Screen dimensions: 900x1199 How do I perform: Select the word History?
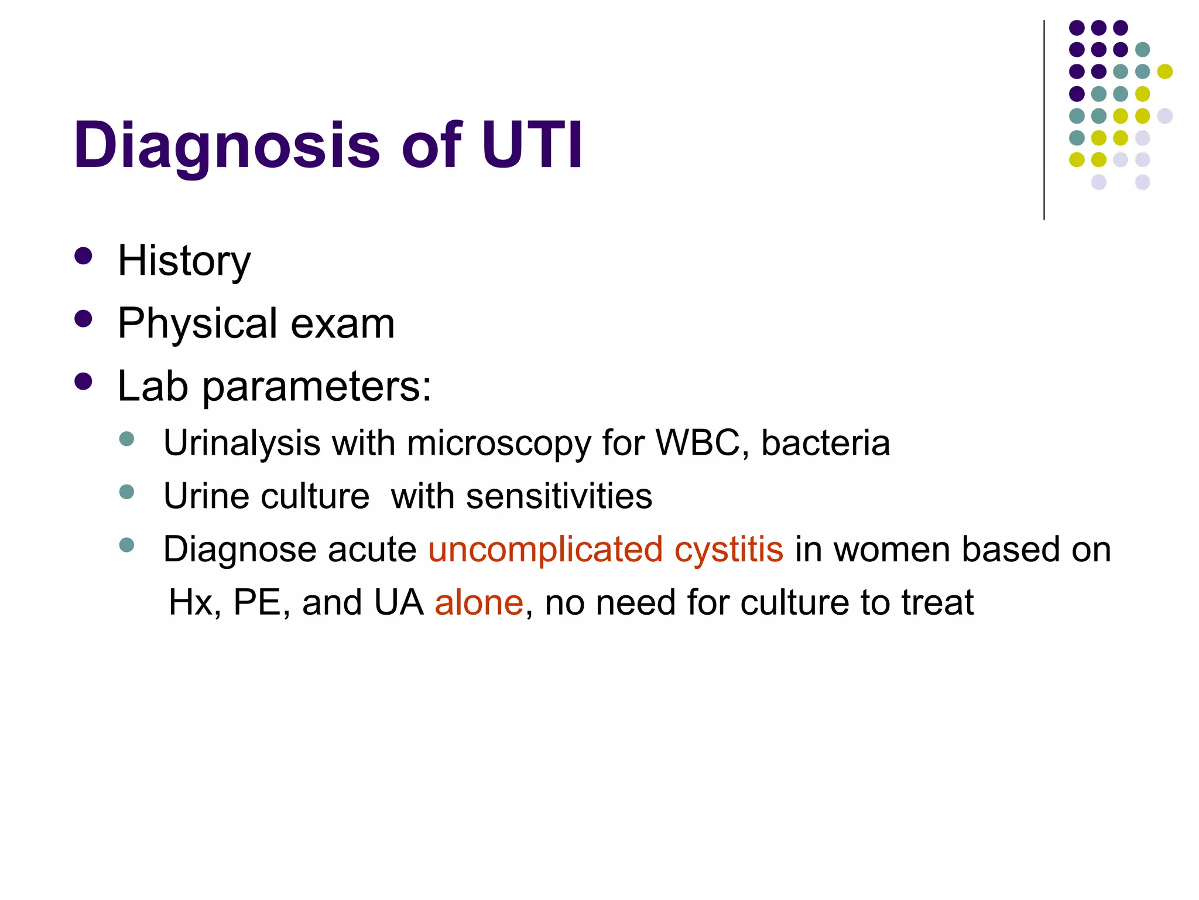(184, 261)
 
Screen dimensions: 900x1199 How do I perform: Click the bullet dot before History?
(84, 256)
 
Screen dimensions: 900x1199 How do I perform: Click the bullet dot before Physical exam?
(84, 319)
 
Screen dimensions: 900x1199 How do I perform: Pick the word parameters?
(317, 387)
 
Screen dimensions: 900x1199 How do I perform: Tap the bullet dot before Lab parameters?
(84, 381)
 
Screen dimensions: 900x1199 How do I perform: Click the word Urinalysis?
(242, 443)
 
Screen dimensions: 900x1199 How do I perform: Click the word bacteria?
(825, 442)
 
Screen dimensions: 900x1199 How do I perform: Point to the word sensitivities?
(559, 496)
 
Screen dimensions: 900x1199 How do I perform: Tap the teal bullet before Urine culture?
(126, 492)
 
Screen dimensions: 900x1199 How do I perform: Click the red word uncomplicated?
(546, 550)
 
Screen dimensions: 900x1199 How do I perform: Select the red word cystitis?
(729, 550)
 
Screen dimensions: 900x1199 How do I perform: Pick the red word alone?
(479, 602)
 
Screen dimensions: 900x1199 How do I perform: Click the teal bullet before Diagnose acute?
(126, 545)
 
